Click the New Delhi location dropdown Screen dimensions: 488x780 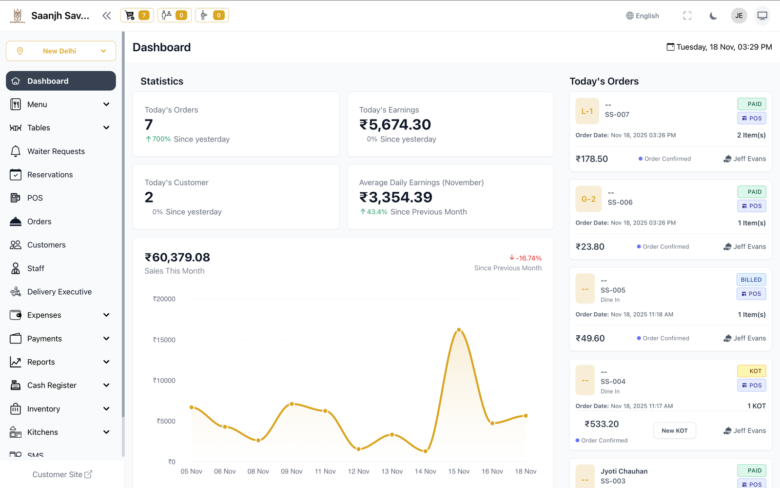coord(60,51)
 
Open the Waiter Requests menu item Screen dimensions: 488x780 coord(56,151)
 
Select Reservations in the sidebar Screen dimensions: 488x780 coord(50,175)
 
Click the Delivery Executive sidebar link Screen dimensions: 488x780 coord(59,292)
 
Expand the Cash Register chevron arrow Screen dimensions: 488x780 coord(106,386)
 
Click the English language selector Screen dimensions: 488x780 coord(643,16)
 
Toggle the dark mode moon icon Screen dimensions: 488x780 coord(713,16)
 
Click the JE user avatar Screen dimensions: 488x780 coord(739,16)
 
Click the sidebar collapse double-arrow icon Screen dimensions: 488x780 coord(107,16)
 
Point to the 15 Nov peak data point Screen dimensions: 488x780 coord(459,330)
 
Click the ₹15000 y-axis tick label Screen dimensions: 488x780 coord(164,340)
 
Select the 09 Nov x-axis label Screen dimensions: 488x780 coord(292,471)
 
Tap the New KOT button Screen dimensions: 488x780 coord(674,430)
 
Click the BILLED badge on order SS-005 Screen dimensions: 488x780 coord(751,280)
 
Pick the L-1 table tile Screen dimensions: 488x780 coord(587,111)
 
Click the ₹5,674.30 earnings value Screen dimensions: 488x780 coord(395,125)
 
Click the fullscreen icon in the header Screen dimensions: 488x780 coord(687,16)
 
